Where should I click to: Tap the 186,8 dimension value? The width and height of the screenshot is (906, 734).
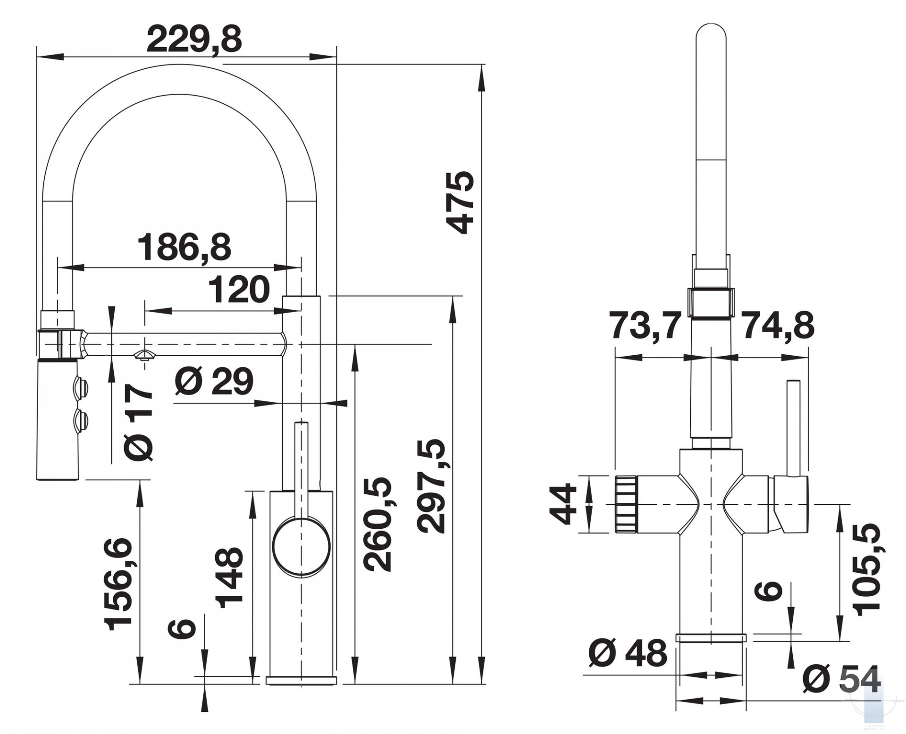(184, 247)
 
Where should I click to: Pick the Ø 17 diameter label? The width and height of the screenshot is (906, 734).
(139, 421)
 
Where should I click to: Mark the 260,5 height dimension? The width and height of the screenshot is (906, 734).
(378, 524)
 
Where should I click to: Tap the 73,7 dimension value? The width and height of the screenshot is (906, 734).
(646, 326)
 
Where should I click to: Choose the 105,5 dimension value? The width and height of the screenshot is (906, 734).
(868, 569)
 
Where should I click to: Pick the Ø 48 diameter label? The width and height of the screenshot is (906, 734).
(628, 653)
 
